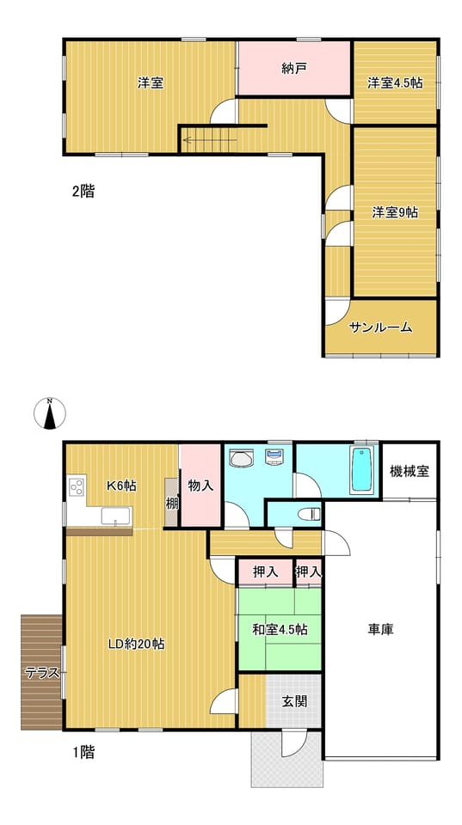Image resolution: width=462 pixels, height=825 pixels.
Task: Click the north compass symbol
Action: click(50, 413)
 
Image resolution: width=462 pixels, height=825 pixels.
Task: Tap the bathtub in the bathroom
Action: click(363, 470)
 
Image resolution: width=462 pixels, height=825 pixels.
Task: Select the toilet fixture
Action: click(309, 514)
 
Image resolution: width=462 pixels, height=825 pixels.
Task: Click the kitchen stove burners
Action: click(77, 487)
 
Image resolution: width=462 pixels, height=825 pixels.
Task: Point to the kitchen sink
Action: click(116, 516)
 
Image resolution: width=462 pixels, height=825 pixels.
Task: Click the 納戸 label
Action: click(293, 69)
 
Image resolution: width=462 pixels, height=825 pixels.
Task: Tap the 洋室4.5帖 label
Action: click(395, 83)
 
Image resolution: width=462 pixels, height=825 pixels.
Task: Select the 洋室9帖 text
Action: click(395, 212)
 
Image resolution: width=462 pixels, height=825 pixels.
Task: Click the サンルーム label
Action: click(380, 327)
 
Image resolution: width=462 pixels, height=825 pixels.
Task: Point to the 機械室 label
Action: click(410, 472)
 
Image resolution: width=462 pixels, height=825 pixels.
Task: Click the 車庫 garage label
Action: click(380, 628)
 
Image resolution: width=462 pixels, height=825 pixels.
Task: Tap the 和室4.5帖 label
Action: click(280, 629)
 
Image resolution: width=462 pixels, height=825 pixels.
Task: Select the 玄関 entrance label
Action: click(294, 701)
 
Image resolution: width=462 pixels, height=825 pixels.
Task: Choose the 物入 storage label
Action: click(200, 486)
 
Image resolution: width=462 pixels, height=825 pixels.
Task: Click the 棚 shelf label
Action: click(172, 504)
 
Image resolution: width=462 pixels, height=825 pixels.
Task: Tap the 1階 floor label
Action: click(83, 753)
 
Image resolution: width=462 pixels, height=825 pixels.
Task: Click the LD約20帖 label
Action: click(136, 644)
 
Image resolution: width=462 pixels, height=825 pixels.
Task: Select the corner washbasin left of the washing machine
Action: click(242, 459)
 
